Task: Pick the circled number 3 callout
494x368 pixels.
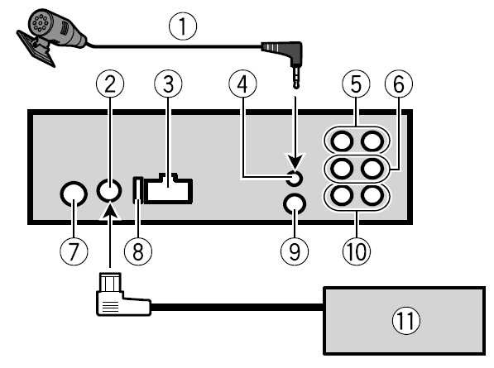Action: click(x=167, y=83)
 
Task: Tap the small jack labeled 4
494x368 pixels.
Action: click(x=293, y=176)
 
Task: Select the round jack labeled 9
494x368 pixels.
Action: click(x=293, y=203)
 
